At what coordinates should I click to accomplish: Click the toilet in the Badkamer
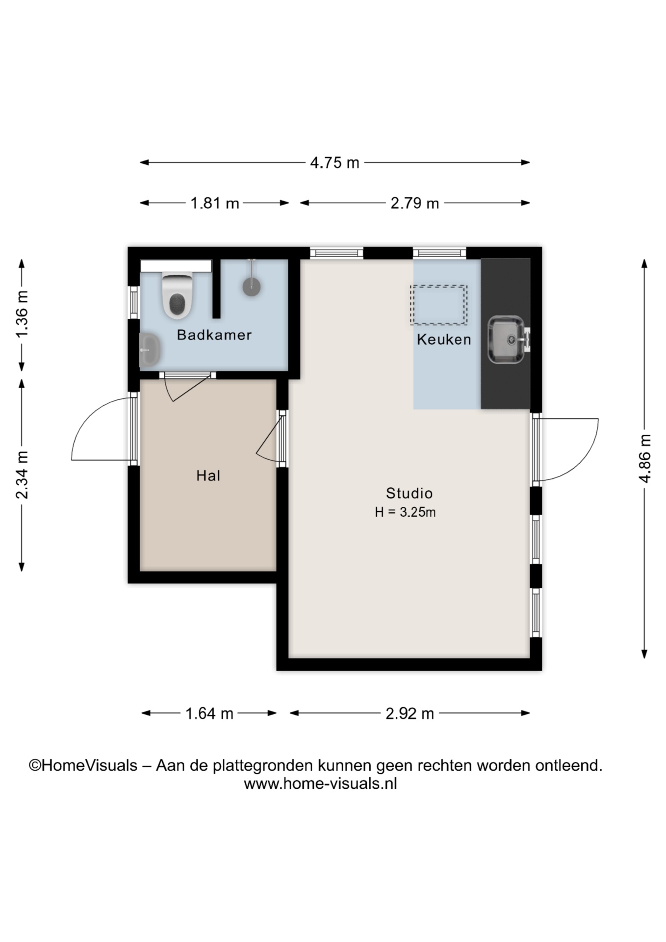177,296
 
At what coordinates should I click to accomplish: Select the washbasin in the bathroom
150,350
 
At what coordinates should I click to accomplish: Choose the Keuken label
444,339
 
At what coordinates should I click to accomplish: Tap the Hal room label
208,475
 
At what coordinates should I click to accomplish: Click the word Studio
409,493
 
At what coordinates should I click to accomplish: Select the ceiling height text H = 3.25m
405,512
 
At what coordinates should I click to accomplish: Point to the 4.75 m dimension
335,162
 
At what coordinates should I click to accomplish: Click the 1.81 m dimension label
215,203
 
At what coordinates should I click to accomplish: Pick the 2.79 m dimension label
415,203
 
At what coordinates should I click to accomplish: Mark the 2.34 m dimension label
22,475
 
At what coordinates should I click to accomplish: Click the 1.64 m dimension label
209,713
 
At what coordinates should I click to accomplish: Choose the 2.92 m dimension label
410,713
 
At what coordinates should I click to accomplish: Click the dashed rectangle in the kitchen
439,305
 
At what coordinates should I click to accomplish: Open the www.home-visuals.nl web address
320,784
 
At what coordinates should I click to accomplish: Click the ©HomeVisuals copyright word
83,765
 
